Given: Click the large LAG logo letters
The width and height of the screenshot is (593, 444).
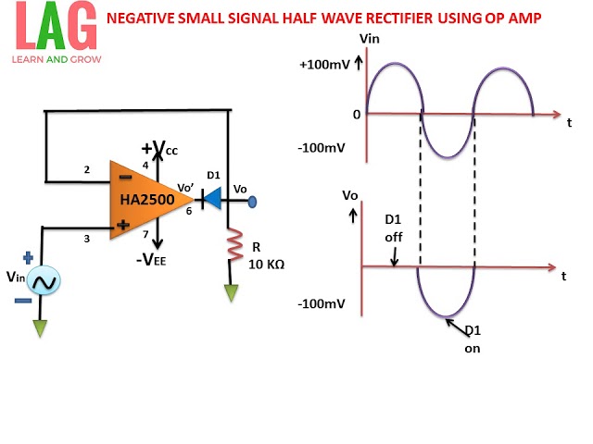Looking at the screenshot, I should coord(50,28).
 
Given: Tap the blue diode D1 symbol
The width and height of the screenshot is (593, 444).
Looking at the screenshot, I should coord(210,197).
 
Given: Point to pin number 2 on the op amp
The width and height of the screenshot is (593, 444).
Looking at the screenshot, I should coord(86,169).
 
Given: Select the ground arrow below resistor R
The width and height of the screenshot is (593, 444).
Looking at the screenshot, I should coord(231,294).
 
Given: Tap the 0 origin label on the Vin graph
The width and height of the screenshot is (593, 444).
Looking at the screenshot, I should coord(356,115).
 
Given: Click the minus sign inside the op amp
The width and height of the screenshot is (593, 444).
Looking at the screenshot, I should coord(123,176).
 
